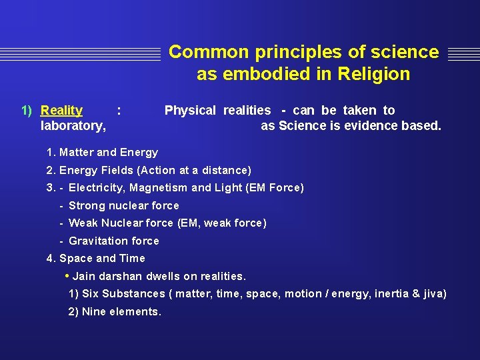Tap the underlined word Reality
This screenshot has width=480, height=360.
[x=61, y=111]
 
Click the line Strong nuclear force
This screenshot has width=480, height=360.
[x=123, y=206]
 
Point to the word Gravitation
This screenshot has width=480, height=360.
[x=95, y=241]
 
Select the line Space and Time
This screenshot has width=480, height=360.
[x=101, y=259]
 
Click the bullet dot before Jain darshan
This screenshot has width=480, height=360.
[x=67, y=276]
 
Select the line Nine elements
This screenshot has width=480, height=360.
[x=121, y=311]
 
